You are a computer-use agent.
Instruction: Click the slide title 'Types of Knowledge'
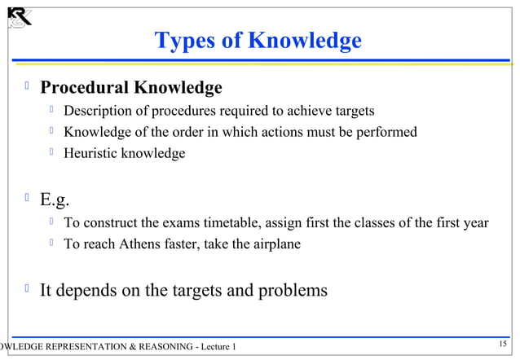click(258, 40)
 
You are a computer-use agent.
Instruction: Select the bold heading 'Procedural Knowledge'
click(131, 87)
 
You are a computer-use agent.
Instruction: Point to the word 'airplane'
click(275, 244)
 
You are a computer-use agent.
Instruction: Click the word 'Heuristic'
click(91, 152)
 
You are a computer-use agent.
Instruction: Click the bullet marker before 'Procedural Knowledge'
click(29, 86)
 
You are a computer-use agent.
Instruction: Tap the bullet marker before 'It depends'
click(29, 288)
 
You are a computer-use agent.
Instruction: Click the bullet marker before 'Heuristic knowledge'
click(51, 151)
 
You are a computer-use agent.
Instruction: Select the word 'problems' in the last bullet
click(292, 290)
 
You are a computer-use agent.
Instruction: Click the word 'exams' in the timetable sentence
click(175, 222)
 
